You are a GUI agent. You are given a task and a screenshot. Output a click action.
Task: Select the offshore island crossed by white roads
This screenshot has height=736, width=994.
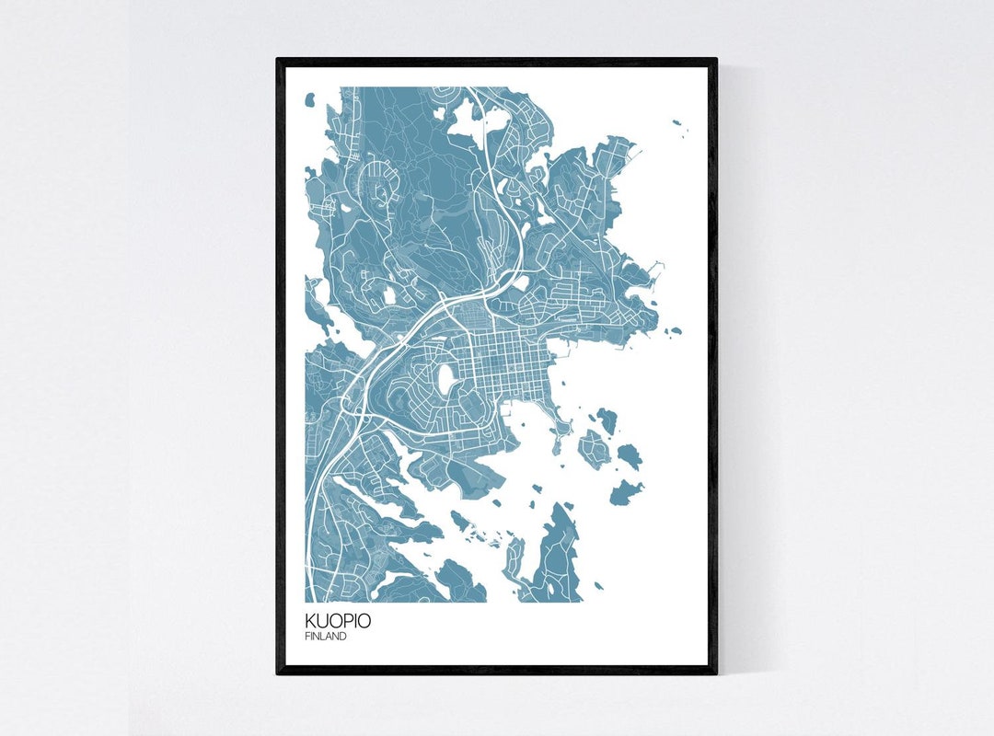pyautogui.click(x=594, y=449)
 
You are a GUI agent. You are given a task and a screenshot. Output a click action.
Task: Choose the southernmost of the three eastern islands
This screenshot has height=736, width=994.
pyautogui.click(x=626, y=493)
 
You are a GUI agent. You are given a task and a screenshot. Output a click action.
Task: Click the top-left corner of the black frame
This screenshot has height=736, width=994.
pyautogui.click(x=279, y=61)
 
